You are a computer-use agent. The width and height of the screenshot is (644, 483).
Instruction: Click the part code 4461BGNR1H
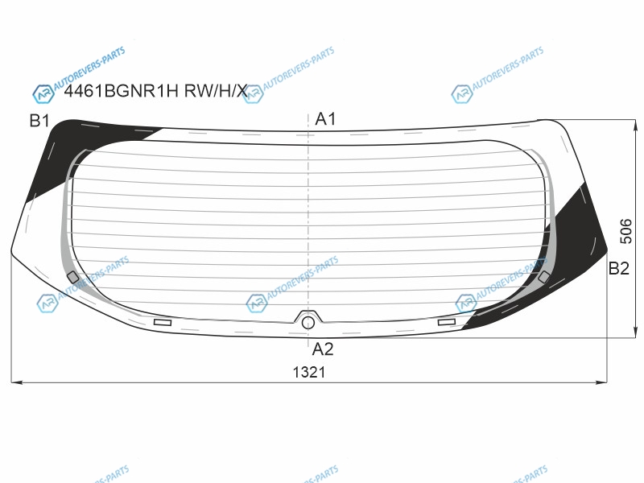click(122, 90)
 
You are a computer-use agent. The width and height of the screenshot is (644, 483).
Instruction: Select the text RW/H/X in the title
click(216, 90)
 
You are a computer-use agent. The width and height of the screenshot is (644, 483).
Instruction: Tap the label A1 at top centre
click(325, 119)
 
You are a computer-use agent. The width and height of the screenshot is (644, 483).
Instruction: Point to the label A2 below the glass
click(323, 349)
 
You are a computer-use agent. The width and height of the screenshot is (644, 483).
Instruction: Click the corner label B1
click(39, 121)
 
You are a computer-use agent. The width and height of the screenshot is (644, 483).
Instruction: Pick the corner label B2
click(618, 268)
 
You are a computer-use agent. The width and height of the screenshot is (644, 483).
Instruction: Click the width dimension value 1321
click(309, 372)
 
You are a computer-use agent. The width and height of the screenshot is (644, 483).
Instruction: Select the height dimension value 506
click(626, 231)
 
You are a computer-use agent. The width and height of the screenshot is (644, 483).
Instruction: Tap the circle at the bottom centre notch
click(308, 324)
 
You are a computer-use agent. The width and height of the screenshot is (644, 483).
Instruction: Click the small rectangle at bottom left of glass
click(163, 323)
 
